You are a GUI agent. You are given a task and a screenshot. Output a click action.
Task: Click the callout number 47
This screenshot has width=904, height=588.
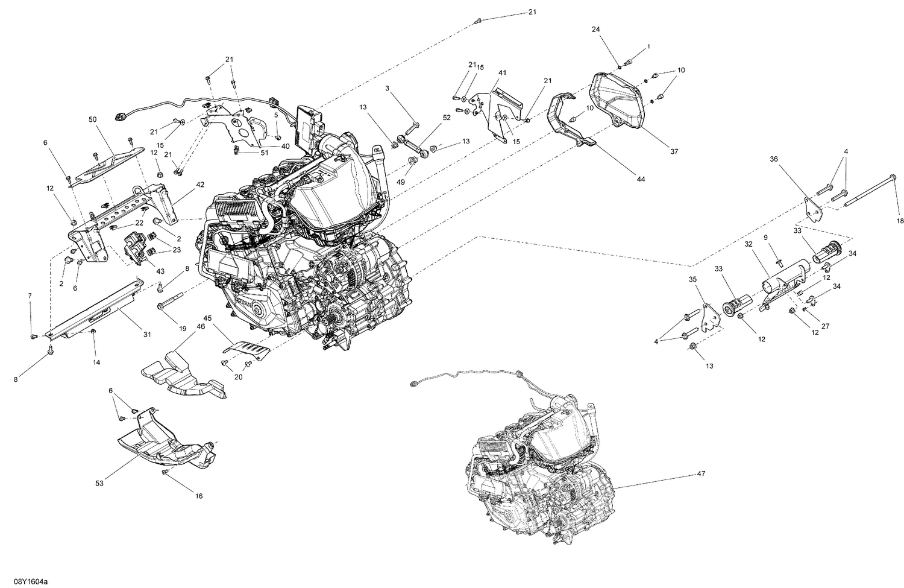pos(701,473)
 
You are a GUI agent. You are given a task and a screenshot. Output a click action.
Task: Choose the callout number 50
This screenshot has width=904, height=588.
pos(92,120)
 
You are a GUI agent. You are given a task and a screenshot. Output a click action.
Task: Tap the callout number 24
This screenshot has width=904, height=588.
pos(595,29)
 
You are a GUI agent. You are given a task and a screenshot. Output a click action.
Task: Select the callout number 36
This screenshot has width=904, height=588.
pos(773,159)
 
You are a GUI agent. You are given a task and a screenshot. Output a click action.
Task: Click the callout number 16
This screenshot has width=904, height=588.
pos(198,496)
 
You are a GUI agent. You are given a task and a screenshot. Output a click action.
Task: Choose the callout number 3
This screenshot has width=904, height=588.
pos(388,89)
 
